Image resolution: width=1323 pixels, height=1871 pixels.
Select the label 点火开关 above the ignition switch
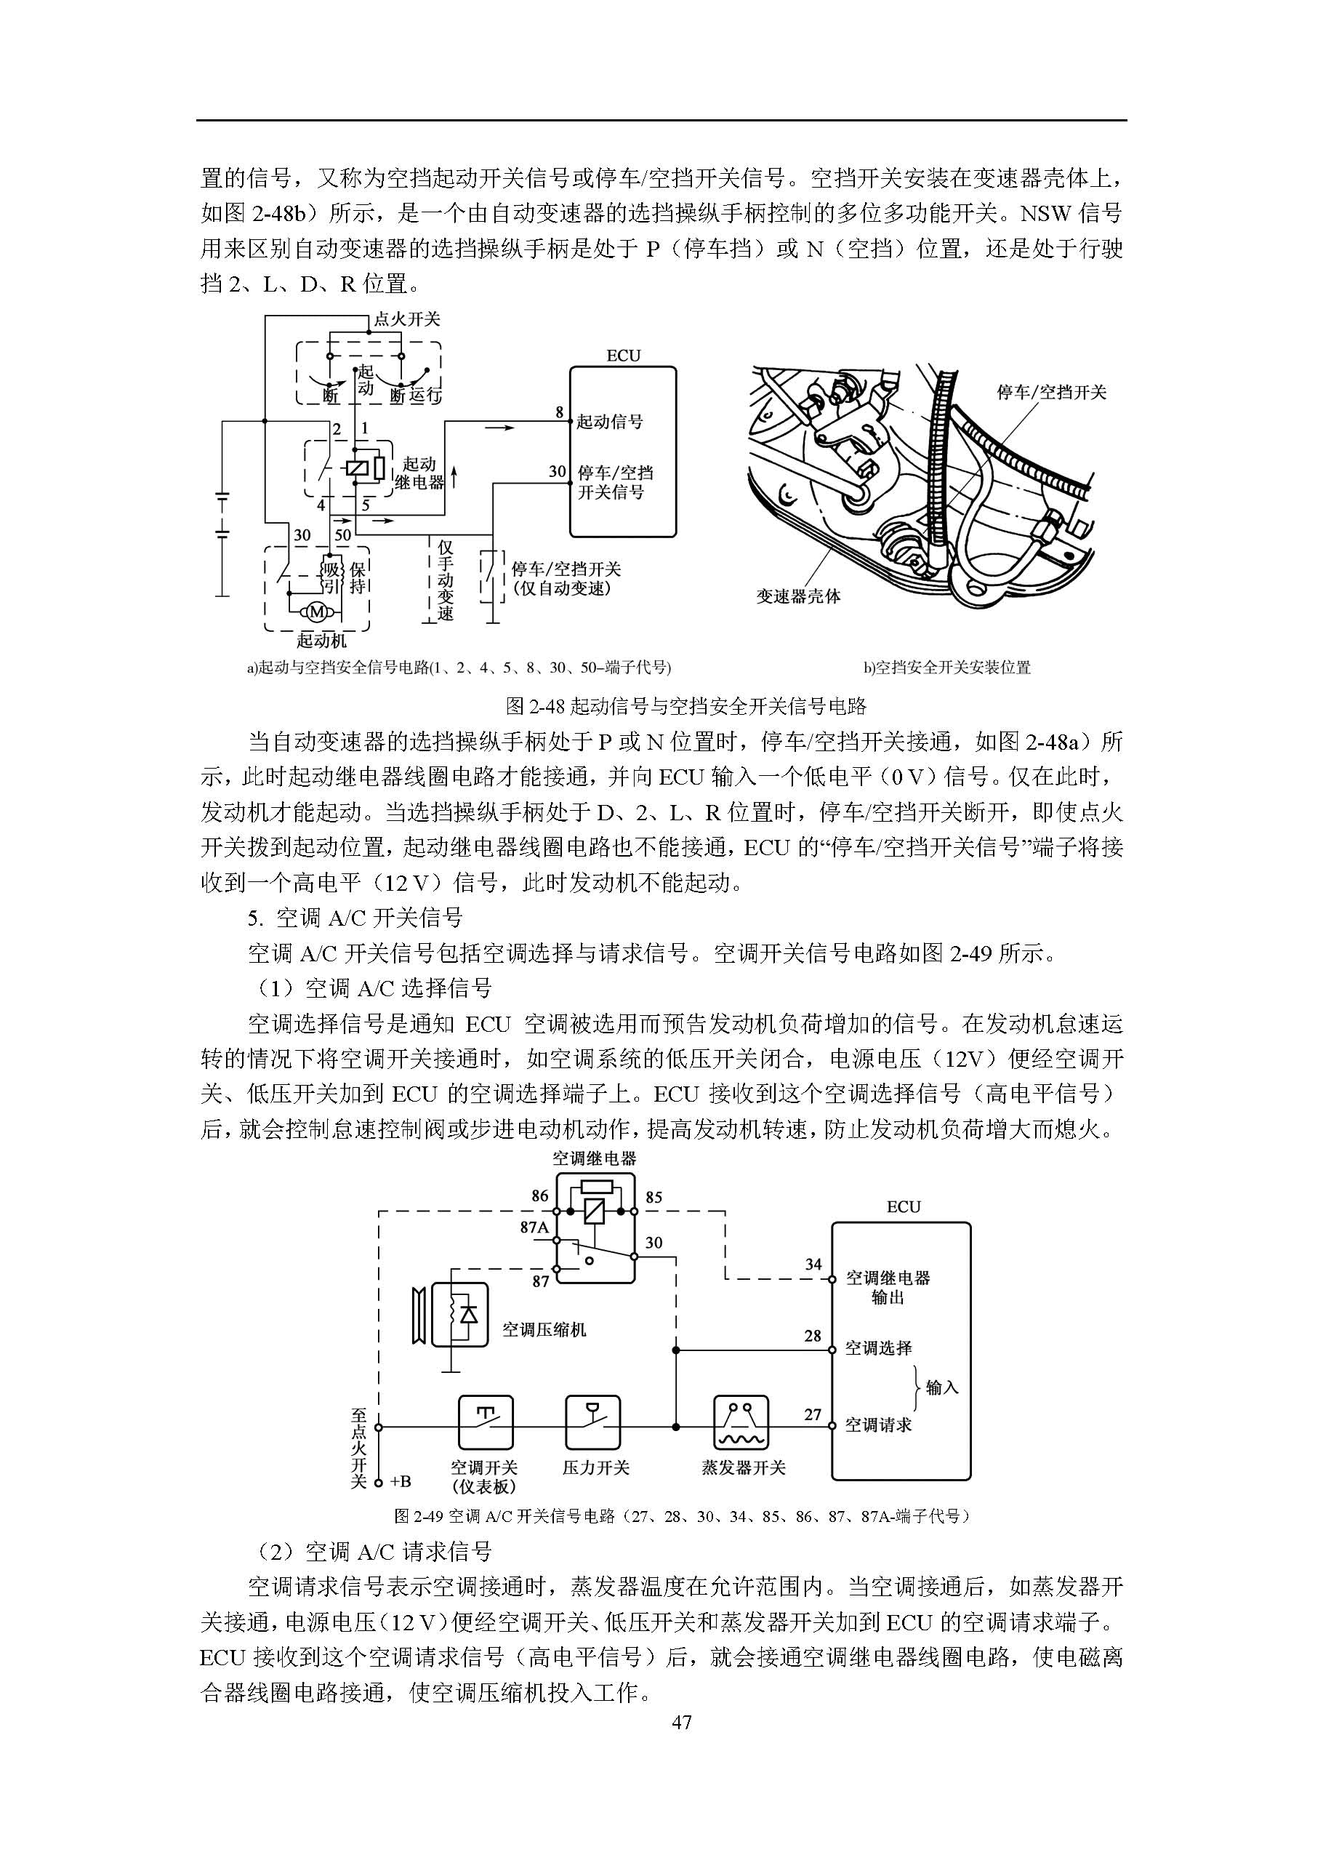pos(406,319)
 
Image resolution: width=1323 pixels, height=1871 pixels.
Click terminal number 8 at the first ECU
pos(560,412)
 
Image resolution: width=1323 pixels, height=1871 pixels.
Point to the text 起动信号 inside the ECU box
pos(610,422)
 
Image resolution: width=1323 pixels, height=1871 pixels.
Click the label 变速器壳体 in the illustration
pos(798,596)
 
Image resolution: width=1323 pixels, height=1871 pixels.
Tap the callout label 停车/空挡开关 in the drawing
pos(1052,393)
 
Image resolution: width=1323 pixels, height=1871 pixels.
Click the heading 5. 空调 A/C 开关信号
pos(355,918)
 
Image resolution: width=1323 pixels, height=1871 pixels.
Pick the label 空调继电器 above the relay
pos(595,1159)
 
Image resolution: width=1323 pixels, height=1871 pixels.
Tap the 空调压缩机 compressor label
pos(544,1330)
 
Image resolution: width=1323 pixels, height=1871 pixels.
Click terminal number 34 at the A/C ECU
pos(813,1265)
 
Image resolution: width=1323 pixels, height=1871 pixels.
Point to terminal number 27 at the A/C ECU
pos(813,1414)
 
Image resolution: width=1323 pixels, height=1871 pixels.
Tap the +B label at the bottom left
pos(400,1481)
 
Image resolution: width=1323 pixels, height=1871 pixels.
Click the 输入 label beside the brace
pos(943,1387)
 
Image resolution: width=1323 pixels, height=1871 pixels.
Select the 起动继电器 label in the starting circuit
pos(419,473)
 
